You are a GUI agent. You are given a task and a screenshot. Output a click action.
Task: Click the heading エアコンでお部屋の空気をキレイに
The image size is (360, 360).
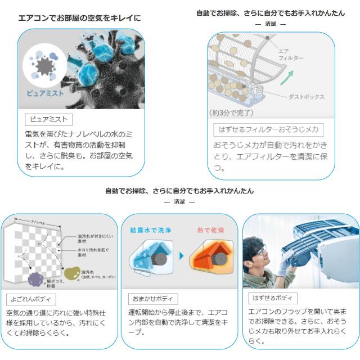click(79, 18)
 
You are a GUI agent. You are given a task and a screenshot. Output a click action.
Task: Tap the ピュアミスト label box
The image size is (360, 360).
click(49, 120)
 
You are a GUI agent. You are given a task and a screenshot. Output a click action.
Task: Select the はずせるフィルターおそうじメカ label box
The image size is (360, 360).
click(268, 129)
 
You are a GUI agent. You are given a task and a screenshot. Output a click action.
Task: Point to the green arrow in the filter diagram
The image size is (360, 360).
click(288, 77)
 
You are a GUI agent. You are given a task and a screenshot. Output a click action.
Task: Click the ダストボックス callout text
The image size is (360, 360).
click(307, 96)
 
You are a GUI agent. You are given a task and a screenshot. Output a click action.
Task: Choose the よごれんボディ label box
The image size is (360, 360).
click(31, 299)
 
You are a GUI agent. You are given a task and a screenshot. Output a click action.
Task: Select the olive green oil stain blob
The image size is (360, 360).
click(74, 274)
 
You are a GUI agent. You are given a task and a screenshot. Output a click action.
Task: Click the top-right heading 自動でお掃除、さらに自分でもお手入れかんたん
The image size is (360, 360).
click(270, 13)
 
